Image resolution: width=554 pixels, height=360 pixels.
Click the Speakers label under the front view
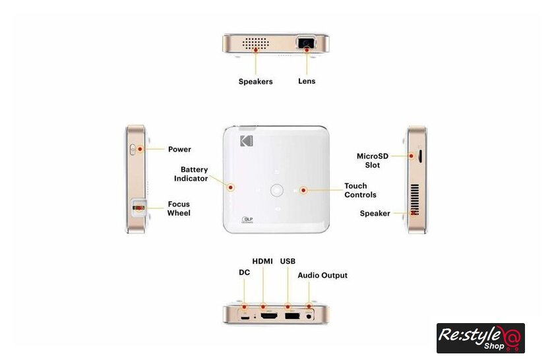255,82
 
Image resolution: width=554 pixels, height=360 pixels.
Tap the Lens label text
307,81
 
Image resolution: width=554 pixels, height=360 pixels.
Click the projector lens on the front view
305,42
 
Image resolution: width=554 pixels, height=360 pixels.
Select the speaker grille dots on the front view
255,44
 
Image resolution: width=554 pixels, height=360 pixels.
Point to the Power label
179,149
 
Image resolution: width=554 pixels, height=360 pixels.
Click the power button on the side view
133,150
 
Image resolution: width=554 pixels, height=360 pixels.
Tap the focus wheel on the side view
139,208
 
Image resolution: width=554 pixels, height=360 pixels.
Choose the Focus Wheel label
179,208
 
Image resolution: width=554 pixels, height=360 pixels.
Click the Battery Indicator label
191,174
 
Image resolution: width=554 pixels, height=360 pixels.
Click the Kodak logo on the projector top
247,140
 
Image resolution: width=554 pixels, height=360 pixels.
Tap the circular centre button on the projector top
276,190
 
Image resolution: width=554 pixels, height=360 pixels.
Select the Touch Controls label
360,190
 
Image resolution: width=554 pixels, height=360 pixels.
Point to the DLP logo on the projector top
247,220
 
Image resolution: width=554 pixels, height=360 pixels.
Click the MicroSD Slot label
373,160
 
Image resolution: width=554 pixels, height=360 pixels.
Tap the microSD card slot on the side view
420,156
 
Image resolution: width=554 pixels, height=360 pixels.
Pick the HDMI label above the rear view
262,261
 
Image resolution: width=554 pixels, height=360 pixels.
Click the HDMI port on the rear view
269,316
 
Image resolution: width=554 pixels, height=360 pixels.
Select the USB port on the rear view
292,316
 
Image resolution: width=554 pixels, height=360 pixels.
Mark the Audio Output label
323,275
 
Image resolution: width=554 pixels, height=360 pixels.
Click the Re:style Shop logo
481,338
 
